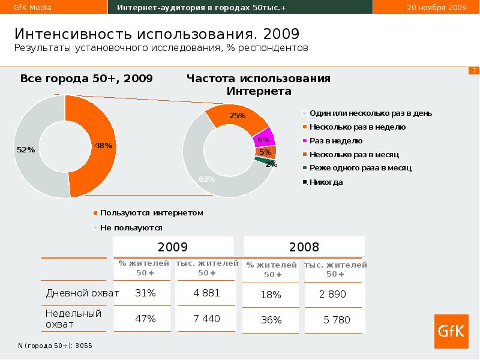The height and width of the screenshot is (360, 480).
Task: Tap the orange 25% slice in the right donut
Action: click(x=236, y=116)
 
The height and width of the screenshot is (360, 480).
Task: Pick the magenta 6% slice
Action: click(x=263, y=139)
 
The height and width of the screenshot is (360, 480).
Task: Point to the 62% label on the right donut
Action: click(x=206, y=179)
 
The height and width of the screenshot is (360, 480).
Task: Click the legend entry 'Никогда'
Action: click(x=326, y=182)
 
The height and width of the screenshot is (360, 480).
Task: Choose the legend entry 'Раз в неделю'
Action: click(x=335, y=140)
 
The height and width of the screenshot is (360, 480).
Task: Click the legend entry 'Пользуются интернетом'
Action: click(x=152, y=212)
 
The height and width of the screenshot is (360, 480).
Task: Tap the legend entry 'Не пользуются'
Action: click(x=131, y=228)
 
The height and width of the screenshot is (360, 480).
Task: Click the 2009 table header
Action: click(x=173, y=247)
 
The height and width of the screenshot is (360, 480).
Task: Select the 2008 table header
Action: click(x=304, y=247)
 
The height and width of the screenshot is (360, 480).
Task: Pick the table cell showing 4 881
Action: click(x=206, y=293)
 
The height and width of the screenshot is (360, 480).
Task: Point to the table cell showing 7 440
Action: click(x=206, y=319)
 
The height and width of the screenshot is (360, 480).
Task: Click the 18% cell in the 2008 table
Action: click(x=271, y=295)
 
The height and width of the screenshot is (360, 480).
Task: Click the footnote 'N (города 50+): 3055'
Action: click(x=55, y=346)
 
